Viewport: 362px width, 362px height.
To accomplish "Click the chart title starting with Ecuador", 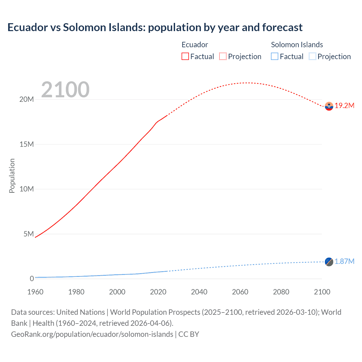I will pyautogui.click(x=155, y=27).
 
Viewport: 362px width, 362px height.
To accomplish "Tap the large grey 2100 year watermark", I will pyautogui.click(x=65, y=90).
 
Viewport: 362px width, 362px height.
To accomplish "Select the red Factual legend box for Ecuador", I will pyautogui.click(x=185, y=56).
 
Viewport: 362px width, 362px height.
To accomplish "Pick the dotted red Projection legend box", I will pyautogui.click(x=223, y=56).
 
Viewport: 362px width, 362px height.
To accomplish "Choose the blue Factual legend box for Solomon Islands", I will pyautogui.click(x=275, y=56).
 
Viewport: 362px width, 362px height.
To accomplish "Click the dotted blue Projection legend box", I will pyautogui.click(x=313, y=56).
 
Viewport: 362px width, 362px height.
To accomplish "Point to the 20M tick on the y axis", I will pyautogui.click(x=27, y=99).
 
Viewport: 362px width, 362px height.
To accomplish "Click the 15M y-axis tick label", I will pyautogui.click(x=27, y=144).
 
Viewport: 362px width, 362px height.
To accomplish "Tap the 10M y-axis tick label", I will pyautogui.click(x=27, y=189).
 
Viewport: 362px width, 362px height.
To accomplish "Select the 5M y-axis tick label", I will pyautogui.click(x=29, y=234).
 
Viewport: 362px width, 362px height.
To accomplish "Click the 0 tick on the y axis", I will pyautogui.click(x=32, y=279).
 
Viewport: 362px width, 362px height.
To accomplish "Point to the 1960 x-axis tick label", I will pyautogui.click(x=35, y=292).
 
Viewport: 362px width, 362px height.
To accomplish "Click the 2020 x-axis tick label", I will pyautogui.click(x=158, y=292).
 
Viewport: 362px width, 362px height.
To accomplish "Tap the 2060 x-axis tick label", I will pyautogui.click(x=240, y=292).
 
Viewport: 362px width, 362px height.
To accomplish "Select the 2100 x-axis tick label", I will pyautogui.click(x=322, y=292).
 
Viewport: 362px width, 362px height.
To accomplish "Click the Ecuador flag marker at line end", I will pyautogui.click(x=329, y=106).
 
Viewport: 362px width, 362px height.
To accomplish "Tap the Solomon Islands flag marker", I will pyautogui.click(x=329, y=262).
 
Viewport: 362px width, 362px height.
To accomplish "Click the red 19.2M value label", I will pyautogui.click(x=344, y=106).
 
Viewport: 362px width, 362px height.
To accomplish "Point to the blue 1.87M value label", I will pyautogui.click(x=344, y=262).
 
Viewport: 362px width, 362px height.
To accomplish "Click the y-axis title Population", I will pyautogui.click(x=12, y=176).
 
